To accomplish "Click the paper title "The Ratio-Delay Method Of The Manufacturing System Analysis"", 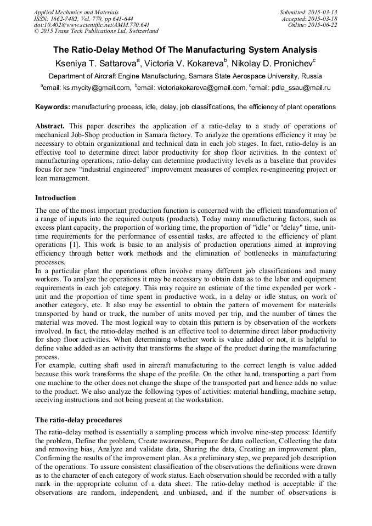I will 185,50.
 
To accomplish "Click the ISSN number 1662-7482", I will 67,18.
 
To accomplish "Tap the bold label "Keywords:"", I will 53,107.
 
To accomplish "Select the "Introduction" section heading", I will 55,198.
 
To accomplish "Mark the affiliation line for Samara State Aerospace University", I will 185,76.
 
